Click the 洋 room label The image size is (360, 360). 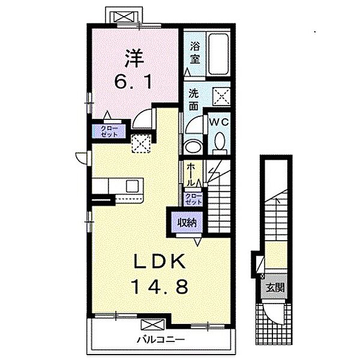[x=134, y=59]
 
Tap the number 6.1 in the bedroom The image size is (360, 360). [x=133, y=82]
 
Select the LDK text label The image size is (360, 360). [x=160, y=262]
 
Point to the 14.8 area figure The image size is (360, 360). [x=160, y=287]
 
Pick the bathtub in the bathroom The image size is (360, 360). [x=218, y=54]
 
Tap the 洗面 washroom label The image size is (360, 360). [x=194, y=100]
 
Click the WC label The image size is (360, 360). [x=219, y=122]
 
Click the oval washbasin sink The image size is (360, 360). [x=193, y=146]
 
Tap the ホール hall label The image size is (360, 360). [x=191, y=175]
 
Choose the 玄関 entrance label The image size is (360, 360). [x=275, y=287]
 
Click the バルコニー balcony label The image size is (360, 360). [x=161, y=340]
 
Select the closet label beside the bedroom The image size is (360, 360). [x=109, y=131]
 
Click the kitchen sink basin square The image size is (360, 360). [x=132, y=186]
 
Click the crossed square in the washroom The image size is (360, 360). [x=221, y=97]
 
